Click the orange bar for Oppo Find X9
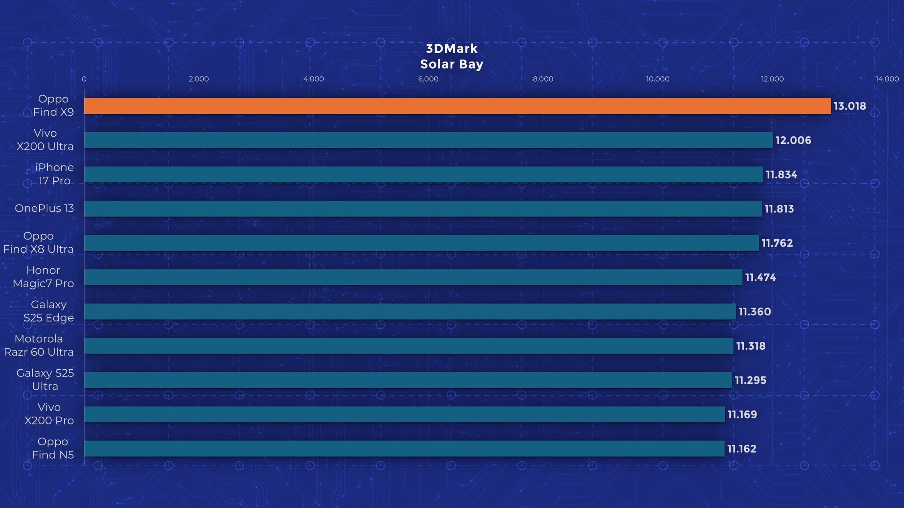[457, 106]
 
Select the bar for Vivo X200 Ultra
[428, 140]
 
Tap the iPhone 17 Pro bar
[423, 175]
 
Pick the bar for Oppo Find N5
[404, 448]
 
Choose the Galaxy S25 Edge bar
[410, 311]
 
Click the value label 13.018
[850, 106]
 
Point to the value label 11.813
[779, 209]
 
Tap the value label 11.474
[760, 277]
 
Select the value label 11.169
[742, 414]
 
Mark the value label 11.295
[750, 380]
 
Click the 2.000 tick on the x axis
[199, 79]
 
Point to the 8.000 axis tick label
[543, 79]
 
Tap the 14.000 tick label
[887, 79]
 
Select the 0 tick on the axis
[84, 79]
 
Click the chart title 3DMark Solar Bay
[452, 56]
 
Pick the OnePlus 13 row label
[44, 208]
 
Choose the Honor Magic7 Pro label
[43, 277]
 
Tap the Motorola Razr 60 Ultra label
[39, 345]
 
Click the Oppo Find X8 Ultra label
[38, 242]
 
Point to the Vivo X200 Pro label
[49, 414]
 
